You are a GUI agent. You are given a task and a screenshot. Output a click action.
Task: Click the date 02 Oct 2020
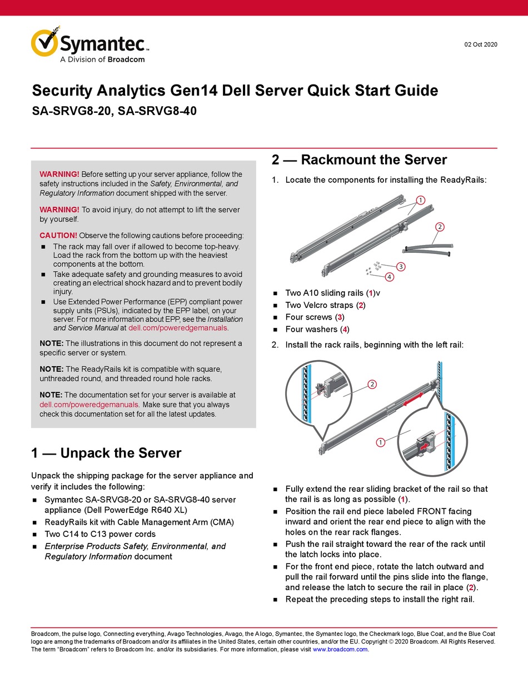coord(481,44)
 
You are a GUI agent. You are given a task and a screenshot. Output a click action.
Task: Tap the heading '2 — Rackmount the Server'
coord(359,160)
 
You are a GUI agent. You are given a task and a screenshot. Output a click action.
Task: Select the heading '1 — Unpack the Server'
coord(106,453)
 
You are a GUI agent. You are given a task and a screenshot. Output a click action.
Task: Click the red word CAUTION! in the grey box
coord(58,235)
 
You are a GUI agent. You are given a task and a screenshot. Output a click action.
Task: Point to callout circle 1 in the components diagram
coord(420,200)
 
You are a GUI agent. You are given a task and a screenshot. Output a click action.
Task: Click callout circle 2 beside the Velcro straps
coord(440,226)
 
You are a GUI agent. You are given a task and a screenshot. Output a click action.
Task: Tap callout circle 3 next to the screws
coord(401,266)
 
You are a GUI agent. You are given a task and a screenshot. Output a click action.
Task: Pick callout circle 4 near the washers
coord(389,276)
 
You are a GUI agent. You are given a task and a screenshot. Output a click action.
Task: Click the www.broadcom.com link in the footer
coord(340,649)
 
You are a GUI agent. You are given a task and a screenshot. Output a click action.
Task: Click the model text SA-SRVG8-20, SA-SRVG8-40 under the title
coord(114,111)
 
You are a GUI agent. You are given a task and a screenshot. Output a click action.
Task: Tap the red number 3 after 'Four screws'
coord(340,317)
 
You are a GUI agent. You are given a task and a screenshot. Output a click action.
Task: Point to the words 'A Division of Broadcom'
coord(102,59)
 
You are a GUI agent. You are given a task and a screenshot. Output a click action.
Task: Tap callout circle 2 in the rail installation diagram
coord(372,384)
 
